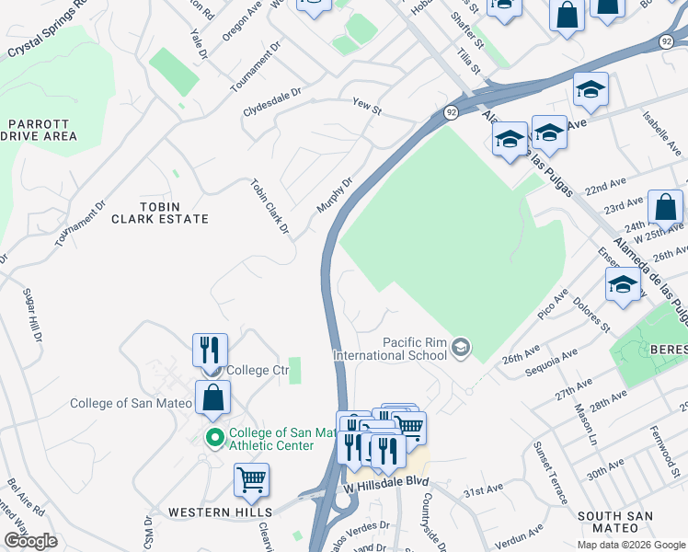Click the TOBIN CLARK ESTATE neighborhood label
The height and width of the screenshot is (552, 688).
160,213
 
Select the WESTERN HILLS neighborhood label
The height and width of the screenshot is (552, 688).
220,512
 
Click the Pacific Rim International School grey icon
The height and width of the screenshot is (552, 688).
462,347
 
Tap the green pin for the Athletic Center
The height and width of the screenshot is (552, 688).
215,438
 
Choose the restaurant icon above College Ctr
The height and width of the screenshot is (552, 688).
210,351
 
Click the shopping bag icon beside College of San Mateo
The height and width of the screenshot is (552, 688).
212,398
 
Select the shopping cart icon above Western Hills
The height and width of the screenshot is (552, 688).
251,479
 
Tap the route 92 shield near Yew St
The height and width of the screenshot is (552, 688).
451,111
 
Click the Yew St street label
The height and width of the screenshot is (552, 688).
366,108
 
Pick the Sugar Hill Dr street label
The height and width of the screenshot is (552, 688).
31,317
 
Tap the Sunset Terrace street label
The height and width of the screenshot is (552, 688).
548,472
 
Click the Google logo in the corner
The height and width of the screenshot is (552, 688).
30,540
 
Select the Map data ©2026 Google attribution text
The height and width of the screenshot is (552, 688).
630,545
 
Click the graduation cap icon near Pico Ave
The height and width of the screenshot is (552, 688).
623,284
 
